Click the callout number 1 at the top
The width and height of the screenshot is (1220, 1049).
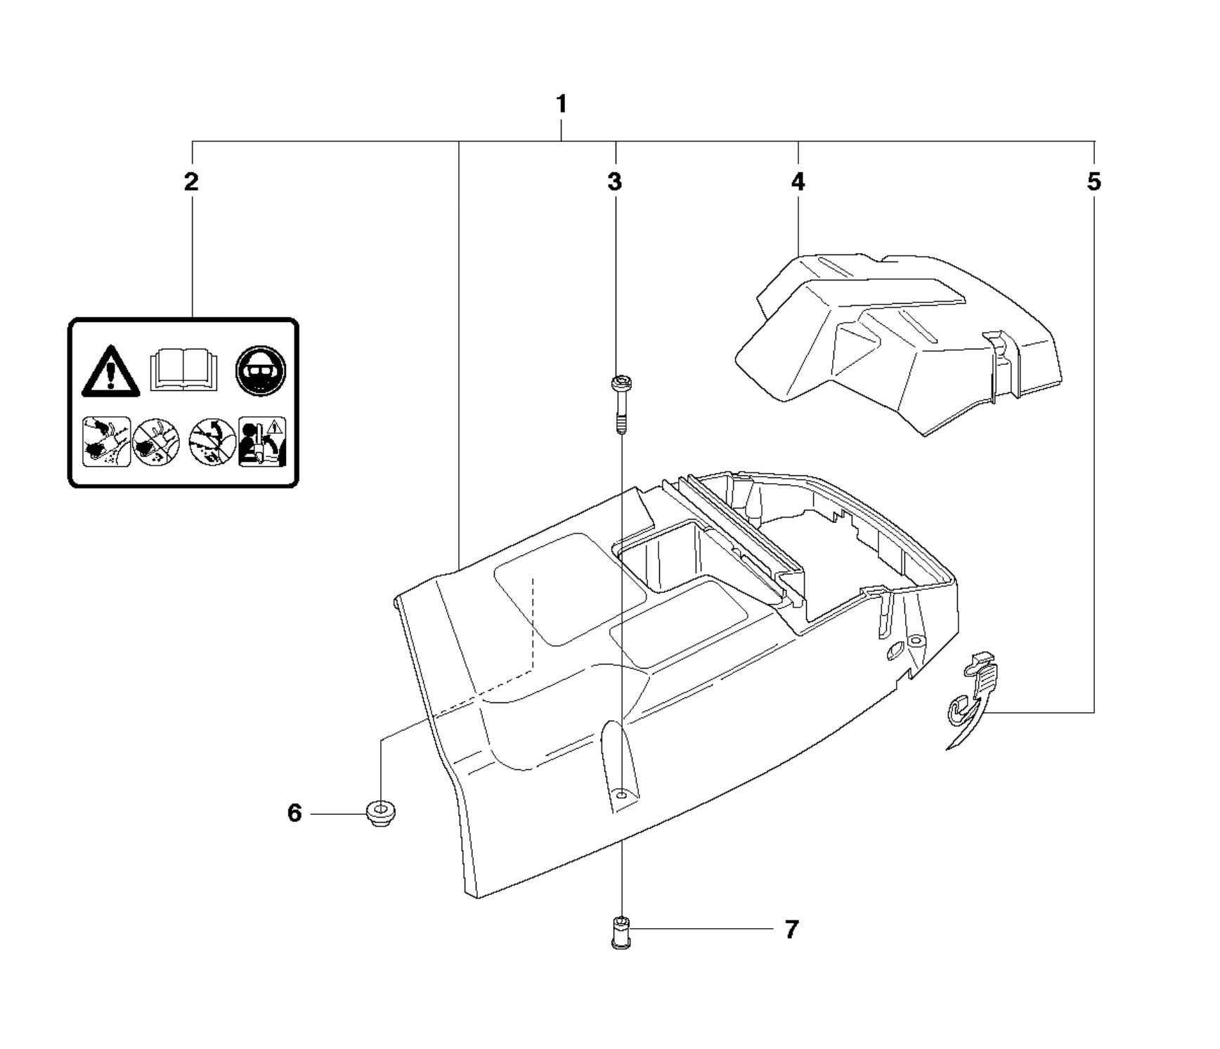(x=561, y=104)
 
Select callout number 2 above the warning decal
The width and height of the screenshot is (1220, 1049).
(x=191, y=182)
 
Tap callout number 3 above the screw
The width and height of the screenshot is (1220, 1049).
(x=615, y=182)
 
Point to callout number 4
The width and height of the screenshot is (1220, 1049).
(x=798, y=182)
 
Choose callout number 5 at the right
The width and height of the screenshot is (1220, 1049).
(x=1094, y=182)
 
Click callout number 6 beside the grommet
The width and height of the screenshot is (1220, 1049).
(x=294, y=813)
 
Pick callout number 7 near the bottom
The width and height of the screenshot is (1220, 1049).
(x=791, y=929)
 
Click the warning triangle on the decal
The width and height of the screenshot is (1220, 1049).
(x=110, y=371)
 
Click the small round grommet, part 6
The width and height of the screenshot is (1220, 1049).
(x=381, y=813)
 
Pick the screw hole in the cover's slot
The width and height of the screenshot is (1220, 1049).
(x=621, y=794)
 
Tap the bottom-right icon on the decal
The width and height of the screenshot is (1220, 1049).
(x=262, y=442)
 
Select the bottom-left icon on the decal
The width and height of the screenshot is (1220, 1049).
(x=106, y=442)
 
